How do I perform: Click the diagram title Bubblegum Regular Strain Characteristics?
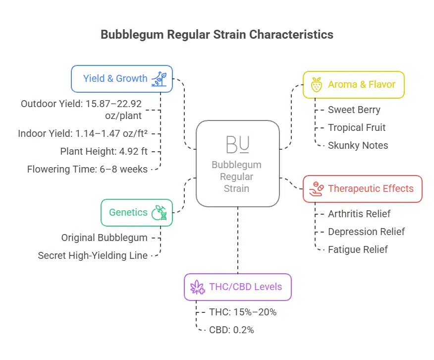point(217,35)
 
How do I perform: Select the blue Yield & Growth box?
point(122,78)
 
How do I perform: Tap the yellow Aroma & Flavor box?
point(354,84)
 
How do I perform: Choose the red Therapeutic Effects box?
point(362,188)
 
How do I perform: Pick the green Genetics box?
point(136,212)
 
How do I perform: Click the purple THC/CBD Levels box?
point(237,287)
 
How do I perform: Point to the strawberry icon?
point(316,85)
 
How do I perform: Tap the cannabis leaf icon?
point(198,287)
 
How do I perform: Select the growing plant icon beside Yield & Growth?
point(159,78)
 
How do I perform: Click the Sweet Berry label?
point(354,110)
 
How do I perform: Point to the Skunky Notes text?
point(358,145)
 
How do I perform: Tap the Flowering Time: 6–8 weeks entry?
point(87,169)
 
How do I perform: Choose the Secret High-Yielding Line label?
point(93,255)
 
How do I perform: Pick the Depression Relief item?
point(366,232)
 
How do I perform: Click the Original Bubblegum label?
point(104,238)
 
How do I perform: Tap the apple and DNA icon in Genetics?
point(160,212)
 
